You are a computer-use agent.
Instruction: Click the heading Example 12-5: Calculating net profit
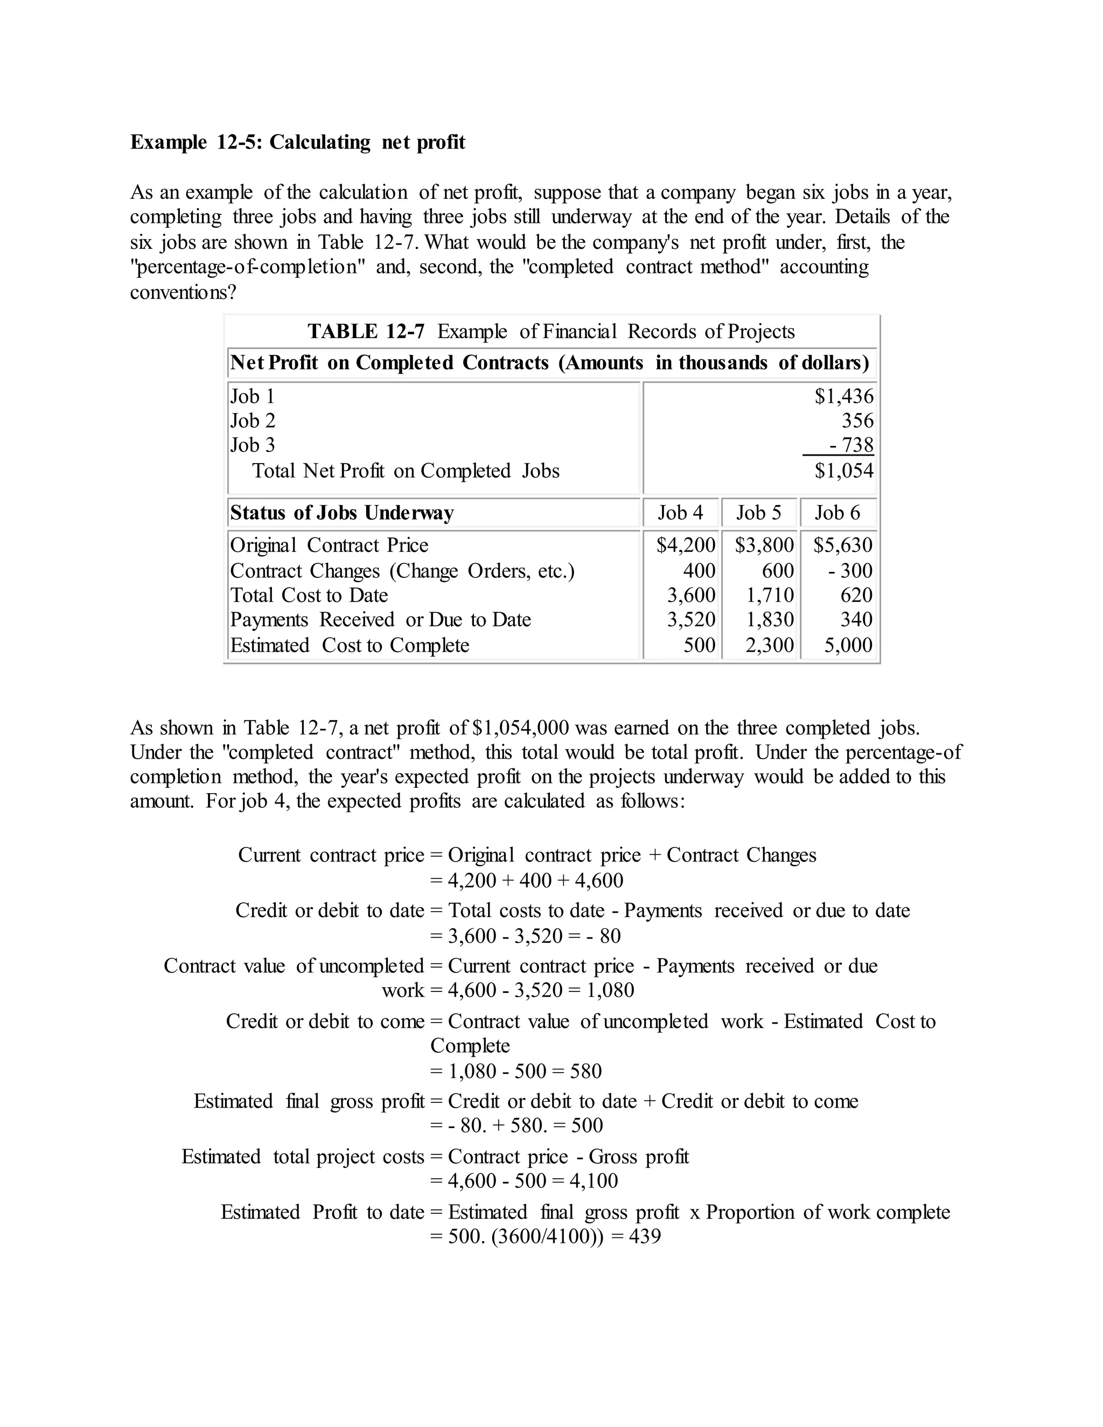pos(297,143)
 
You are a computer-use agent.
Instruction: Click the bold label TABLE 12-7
pos(366,331)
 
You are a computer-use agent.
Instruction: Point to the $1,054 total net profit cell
pos(843,471)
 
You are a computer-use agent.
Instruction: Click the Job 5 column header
pos(759,513)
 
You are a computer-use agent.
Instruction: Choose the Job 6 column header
pos(837,513)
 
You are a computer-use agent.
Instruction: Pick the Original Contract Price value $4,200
pos(686,545)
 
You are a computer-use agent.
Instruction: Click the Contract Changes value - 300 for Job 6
pos(849,570)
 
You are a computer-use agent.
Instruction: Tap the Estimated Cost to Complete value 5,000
pos(848,646)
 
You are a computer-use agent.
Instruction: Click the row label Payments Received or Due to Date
pos(380,619)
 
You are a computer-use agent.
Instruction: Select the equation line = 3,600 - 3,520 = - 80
pos(526,936)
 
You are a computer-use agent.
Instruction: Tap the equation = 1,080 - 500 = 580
pos(516,1072)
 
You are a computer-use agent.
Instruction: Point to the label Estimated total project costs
pos(303,1157)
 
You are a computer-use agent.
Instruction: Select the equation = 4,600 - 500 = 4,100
pos(524,1181)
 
